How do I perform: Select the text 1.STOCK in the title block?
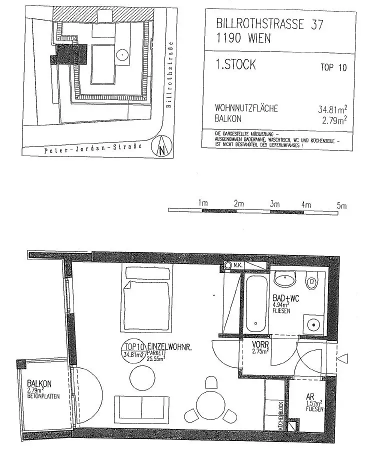tap(235, 64)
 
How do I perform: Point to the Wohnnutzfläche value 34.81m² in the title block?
tap(332, 108)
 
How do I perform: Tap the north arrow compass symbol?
tap(162, 146)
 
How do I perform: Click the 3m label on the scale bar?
tap(273, 204)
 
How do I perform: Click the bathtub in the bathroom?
tap(255, 304)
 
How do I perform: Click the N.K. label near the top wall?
tap(237, 265)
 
